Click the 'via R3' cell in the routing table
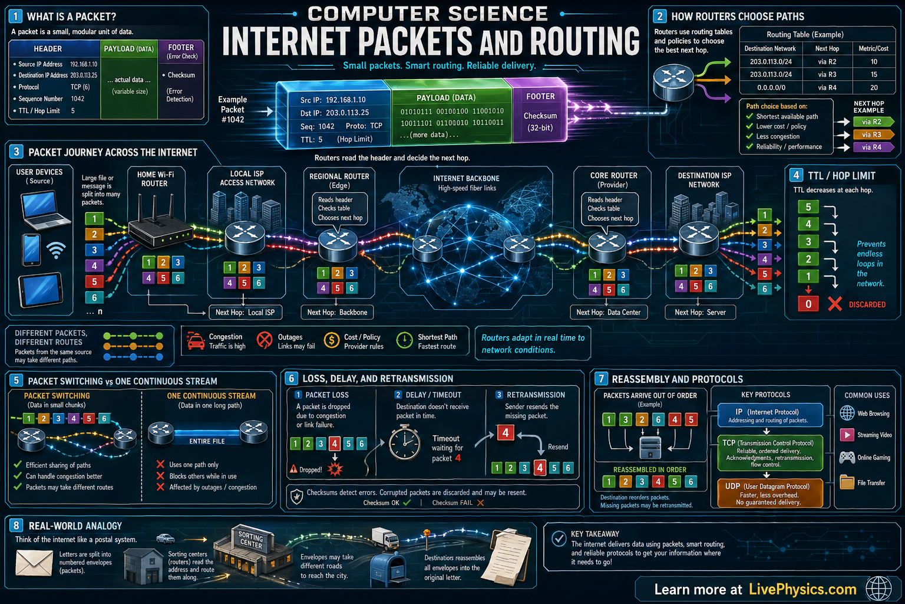[x=827, y=74]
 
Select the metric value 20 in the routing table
[x=874, y=87]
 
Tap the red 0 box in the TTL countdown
[x=808, y=304]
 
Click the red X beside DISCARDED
[x=834, y=304]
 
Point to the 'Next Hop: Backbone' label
[x=337, y=312]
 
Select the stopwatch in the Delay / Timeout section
[x=404, y=444]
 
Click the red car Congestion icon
[x=196, y=341]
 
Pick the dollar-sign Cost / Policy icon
[x=332, y=340]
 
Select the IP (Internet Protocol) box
[x=770, y=415]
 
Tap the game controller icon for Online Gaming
[x=847, y=457]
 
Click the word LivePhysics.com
[x=802, y=589]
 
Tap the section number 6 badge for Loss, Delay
[x=292, y=379]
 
